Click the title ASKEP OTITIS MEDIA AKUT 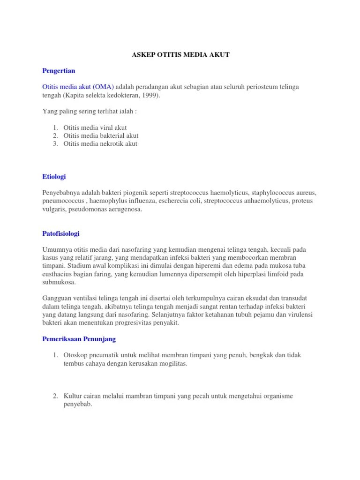pyautogui.click(x=180, y=55)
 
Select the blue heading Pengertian pyautogui.click(x=59, y=71)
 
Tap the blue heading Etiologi pyautogui.click(x=54, y=177)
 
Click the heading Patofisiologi pyautogui.click(x=61, y=233)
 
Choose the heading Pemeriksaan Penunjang pyautogui.click(x=79, y=339)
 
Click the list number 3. pyautogui.click(x=55, y=144)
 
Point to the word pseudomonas pyautogui.click(x=87, y=210)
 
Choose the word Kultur pyautogui.click(x=73, y=396)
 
